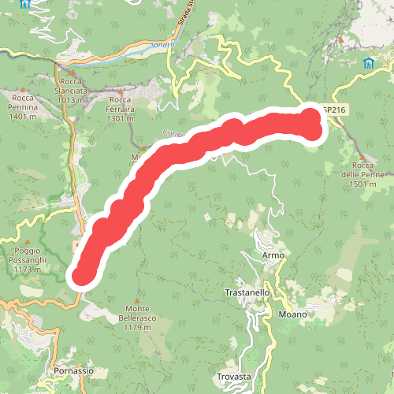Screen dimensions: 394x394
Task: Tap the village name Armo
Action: coord(272,256)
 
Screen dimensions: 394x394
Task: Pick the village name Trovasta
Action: coord(234,377)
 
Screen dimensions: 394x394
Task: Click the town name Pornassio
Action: coord(74,370)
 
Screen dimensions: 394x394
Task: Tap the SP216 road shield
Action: coord(334,110)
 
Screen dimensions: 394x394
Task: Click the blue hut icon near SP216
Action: coord(368,63)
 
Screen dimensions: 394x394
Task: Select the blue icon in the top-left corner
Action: coord(26,4)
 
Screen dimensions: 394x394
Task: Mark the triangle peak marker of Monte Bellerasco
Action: coord(138,299)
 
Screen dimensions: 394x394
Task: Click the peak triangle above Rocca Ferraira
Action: coord(121,91)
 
